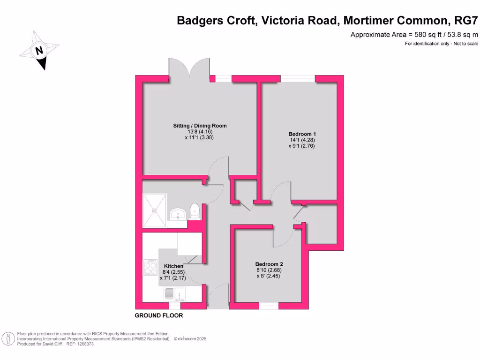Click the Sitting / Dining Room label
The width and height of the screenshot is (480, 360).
click(200, 126)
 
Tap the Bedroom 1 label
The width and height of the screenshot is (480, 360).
click(299, 134)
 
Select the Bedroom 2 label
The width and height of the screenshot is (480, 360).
click(269, 264)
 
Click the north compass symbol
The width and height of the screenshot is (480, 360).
click(39, 50)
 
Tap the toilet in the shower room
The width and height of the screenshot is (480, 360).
click(195, 211)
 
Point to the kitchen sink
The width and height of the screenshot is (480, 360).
click(174, 293)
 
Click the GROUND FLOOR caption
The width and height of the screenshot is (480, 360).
click(159, 315)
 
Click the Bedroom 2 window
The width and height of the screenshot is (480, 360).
click(269, 306)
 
